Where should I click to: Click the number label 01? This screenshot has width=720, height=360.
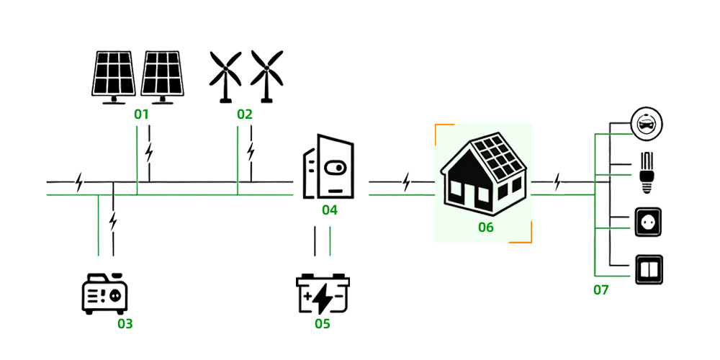pos(141,114)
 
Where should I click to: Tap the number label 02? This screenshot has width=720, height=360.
pos(245,114)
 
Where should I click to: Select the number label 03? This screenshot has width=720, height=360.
pos(125,323)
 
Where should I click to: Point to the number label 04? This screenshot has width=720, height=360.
pos(329,210)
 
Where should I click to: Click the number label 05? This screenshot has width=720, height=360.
pos(322,323)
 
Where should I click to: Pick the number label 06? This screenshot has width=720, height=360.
pos(486,228)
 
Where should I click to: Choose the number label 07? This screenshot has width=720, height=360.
pos(601,290)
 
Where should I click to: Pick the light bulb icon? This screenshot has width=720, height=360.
pos(646,171)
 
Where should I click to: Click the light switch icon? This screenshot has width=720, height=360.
pos(647,270)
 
